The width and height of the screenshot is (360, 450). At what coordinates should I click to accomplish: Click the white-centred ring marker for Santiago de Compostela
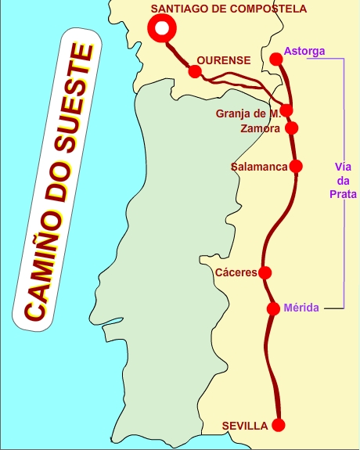pos(161,28)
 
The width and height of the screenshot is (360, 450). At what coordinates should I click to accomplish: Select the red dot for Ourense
pos(195,71)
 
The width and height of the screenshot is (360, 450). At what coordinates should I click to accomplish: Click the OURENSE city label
pos(224,60)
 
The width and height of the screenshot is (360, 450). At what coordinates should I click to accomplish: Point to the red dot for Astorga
pos(275,59)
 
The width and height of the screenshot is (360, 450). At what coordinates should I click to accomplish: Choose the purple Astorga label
pos(304,52)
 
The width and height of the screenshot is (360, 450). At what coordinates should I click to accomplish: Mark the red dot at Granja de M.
pos(287,110)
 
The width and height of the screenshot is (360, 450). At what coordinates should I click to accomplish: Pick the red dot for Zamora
pos(292,128)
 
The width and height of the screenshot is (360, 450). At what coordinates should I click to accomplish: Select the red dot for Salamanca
pos(296,166)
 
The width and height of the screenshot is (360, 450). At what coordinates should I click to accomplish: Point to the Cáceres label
pos(236,273)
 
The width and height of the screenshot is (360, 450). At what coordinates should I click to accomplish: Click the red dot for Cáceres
pos(265,272)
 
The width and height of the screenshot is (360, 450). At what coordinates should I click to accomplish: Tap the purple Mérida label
pos(301,308)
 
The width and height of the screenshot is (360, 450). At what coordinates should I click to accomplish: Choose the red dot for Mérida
pos(273,308)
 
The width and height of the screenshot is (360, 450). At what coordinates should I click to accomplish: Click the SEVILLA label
pos(245,426)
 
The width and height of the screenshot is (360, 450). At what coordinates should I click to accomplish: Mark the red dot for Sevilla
pos(278,425)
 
